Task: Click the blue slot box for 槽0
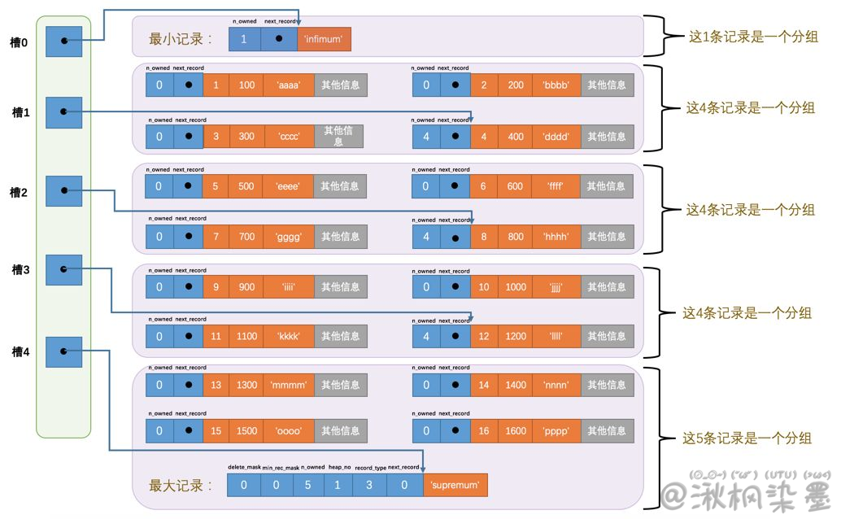64,40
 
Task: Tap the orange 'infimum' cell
324,38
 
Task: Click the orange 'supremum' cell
455,486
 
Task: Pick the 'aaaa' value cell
288,85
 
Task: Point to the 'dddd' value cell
556,136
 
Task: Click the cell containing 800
516,237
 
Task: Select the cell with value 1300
246,385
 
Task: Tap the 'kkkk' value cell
288,336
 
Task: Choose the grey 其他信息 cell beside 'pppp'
607,431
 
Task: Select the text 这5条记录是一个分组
747,438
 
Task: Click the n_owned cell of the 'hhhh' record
426,237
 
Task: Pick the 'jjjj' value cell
556,287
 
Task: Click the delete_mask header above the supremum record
243,468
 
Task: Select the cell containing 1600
516,431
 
